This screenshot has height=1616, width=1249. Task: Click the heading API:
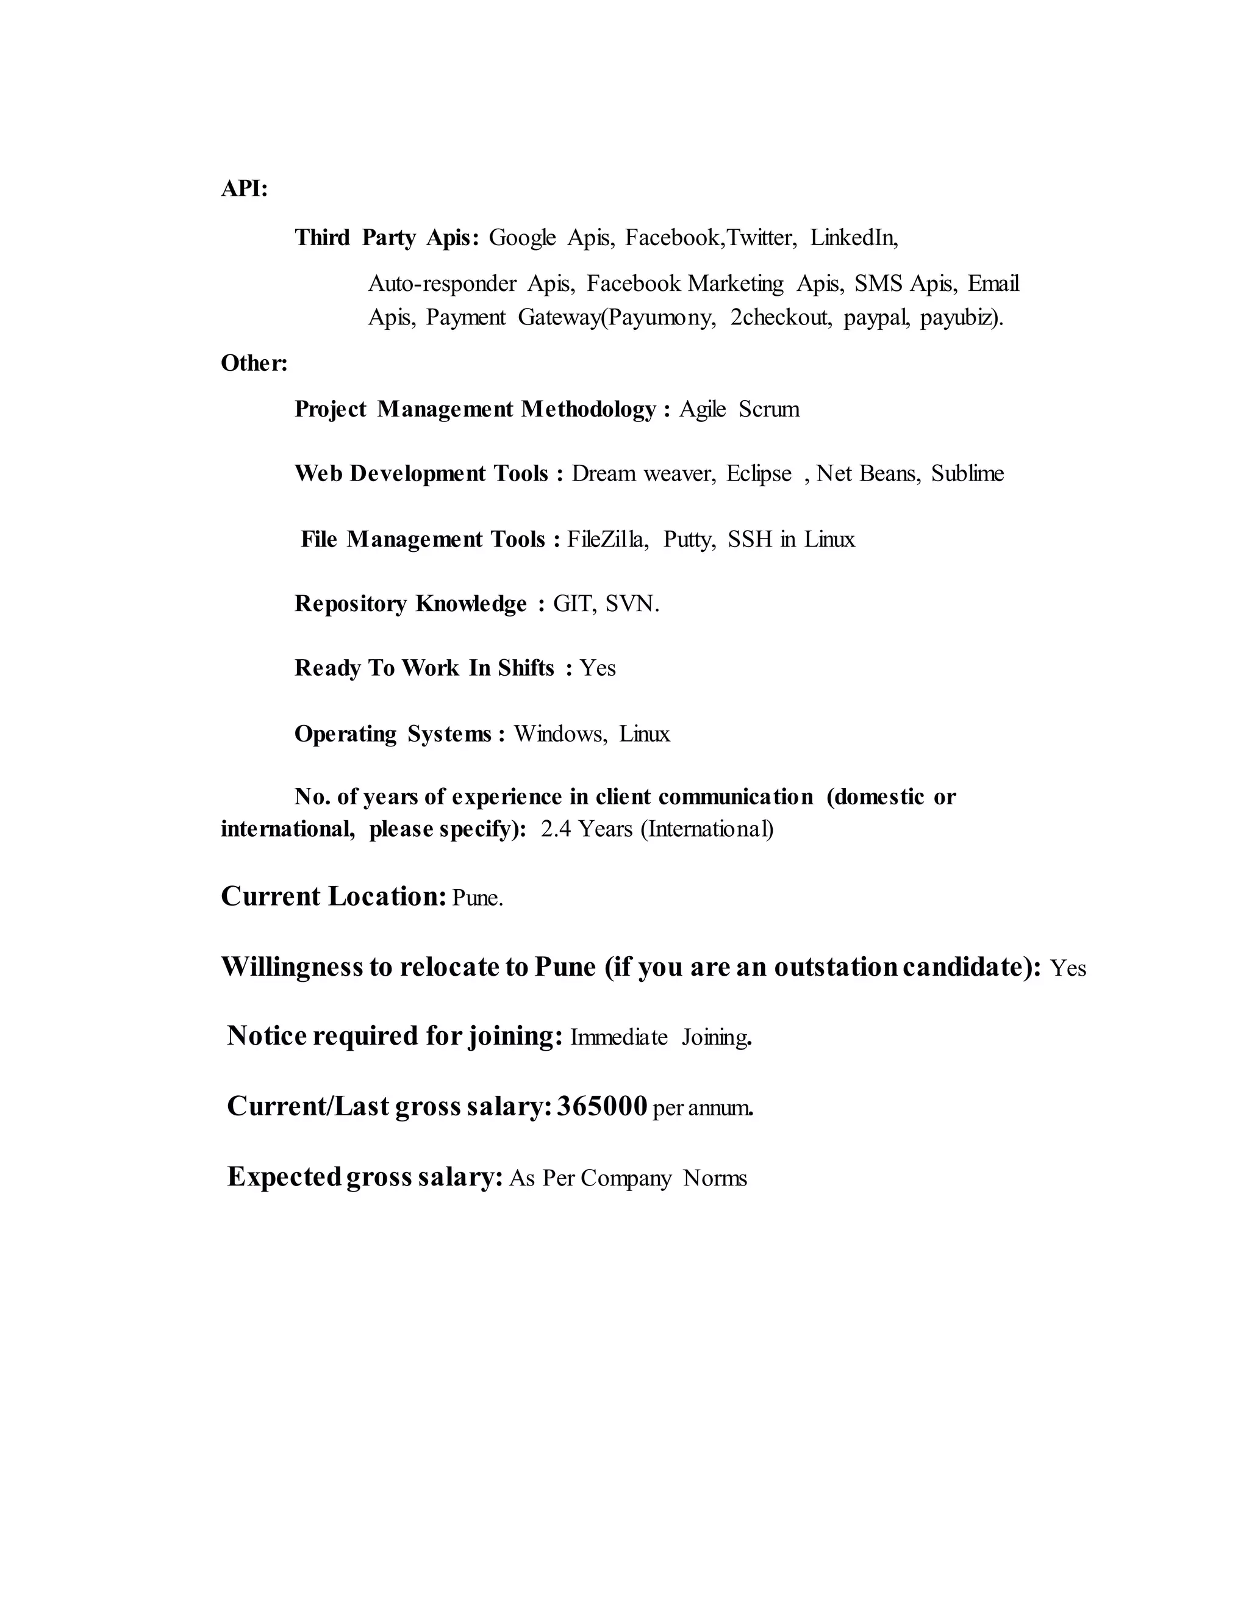[244, 190]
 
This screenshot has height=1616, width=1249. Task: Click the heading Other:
[254, 363]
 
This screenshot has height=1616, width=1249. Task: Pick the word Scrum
[769, 409]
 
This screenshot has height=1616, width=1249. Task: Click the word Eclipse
[759, 474]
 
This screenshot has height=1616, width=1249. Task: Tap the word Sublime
[967, 474]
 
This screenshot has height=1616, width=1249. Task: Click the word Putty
[688, 540]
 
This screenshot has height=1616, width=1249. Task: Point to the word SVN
[631, 604]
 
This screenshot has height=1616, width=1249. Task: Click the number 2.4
[556, 829]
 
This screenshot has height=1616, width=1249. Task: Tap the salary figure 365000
[603, 1107]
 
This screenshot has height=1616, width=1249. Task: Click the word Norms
[714, 1178]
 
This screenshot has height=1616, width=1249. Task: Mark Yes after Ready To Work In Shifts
[597, 669]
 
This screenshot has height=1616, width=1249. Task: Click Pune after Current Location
[476, 898]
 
